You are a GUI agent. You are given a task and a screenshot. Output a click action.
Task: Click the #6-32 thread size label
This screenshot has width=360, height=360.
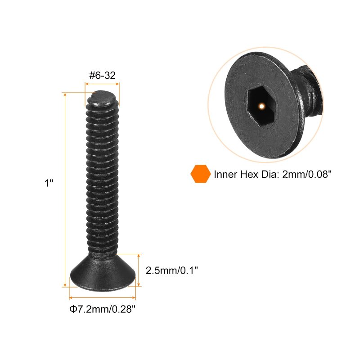pos(102,75)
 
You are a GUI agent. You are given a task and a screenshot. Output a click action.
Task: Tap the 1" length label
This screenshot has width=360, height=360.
pos(49,183)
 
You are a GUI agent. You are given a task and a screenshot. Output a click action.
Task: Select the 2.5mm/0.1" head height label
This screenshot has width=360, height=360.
pos(172,270)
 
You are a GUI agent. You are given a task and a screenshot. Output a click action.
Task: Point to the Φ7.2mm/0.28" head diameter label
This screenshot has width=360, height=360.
pos(103,309)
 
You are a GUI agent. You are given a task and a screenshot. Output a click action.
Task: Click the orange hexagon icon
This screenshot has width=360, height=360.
pos(200,174)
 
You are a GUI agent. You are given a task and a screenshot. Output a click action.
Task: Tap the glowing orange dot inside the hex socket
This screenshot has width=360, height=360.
pos(261,106)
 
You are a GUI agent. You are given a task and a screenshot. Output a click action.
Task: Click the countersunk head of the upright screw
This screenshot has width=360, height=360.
pos(103,272)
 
